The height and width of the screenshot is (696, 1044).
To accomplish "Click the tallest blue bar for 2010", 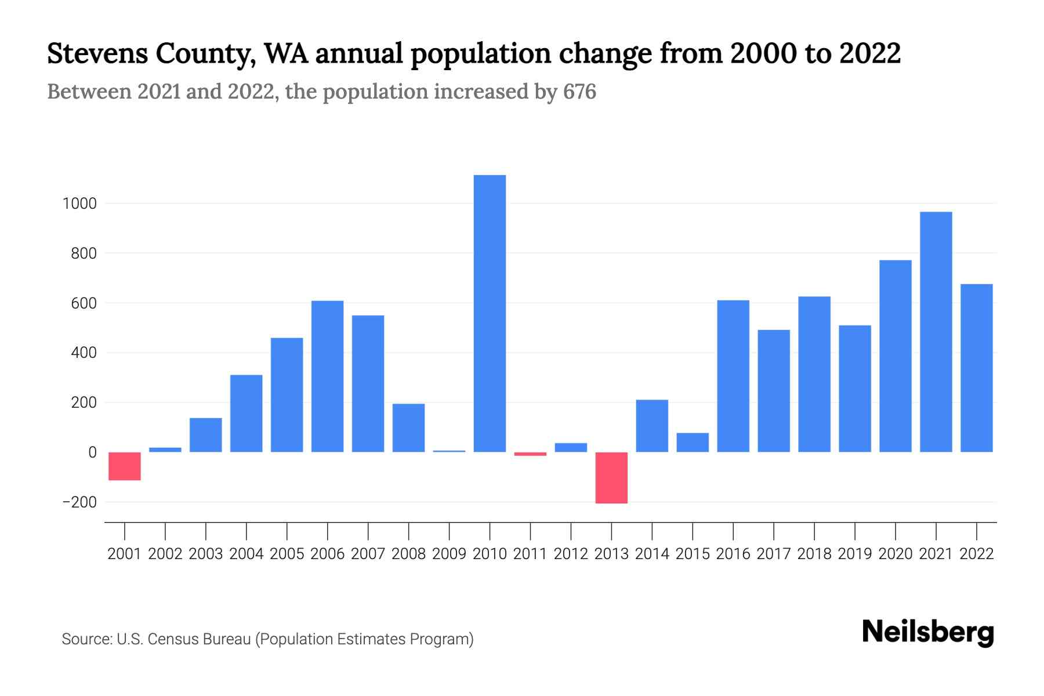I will coord(490,313).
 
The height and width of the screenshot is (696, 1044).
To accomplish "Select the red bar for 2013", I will coord(611,477).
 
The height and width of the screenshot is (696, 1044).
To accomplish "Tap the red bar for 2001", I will coord(125,466).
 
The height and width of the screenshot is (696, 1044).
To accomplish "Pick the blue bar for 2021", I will coord(936,332).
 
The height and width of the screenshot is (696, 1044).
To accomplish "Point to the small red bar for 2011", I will coord(530,454).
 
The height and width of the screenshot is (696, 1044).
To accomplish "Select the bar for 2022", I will coord(976,368).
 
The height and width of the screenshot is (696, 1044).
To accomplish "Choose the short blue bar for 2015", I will coord(693,442).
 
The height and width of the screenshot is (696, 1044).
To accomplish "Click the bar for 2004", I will coord(246,413).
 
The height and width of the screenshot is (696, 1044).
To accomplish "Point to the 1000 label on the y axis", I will coord(79,204).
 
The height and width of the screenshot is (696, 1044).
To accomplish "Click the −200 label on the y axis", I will coord(79,502).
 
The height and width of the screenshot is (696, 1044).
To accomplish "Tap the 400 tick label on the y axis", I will coord(84,353).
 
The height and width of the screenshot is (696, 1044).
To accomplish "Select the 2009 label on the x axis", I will coord(449,554).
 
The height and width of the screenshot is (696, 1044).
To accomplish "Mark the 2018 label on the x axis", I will coord(814,554).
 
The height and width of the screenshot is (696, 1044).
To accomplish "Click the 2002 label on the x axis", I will coord(165,554).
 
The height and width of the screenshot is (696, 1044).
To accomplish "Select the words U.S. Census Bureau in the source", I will coord(183,639).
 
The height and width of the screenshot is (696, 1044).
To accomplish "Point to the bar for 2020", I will coord(895,356).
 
